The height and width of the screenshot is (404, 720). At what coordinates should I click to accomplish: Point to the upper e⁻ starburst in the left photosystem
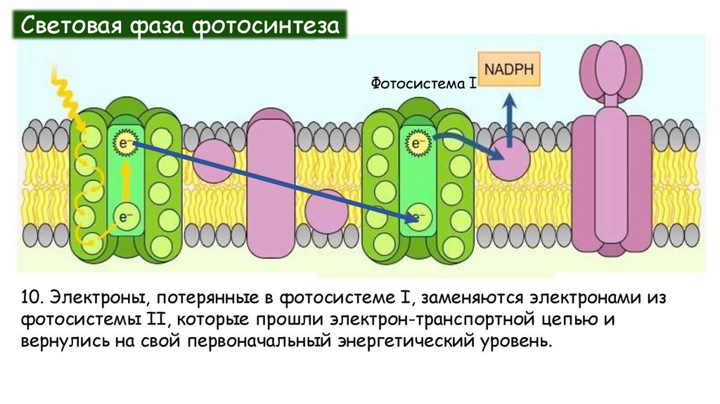125,144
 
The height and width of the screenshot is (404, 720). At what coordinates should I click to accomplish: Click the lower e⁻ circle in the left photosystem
125,217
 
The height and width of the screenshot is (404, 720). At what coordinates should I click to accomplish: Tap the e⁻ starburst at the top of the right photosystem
416,144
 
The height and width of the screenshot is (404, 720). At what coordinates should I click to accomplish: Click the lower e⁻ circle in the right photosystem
416,217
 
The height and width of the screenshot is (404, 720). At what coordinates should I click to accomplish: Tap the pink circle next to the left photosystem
213,159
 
